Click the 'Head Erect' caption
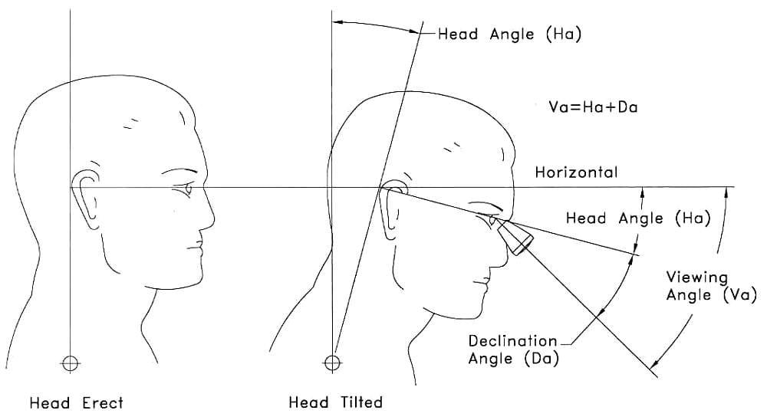[76, 402]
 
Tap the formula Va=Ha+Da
[588, 107]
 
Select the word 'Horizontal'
[576, 172]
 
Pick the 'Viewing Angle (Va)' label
[710, 285]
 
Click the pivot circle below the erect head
[70, 362]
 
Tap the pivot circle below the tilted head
[332, 361]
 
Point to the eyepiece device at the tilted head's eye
[514, 237]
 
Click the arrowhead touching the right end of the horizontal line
[725, 192]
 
